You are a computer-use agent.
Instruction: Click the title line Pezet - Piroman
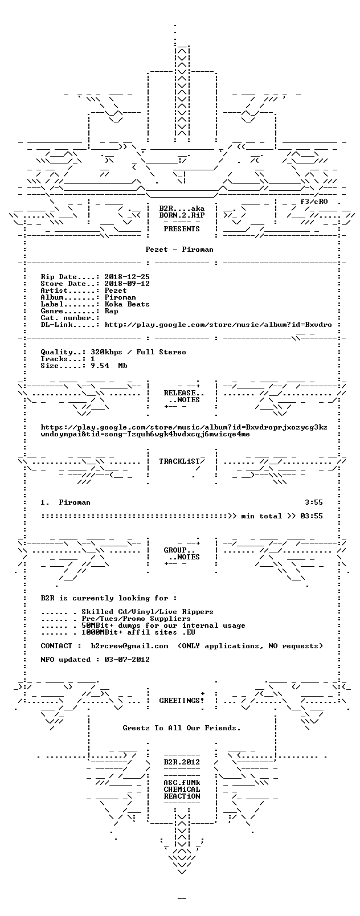pos(179,250)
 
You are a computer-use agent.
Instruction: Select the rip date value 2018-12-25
pos(127,277)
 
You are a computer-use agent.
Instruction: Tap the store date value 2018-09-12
pos(127,284)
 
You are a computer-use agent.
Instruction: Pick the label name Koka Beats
pos(127,304)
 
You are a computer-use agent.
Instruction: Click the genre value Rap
pos(111,311)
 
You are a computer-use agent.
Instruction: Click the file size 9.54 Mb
pos(109,366)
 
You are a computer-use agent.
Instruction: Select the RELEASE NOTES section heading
pos(182,396)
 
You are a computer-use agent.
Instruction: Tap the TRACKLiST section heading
pos(179,461)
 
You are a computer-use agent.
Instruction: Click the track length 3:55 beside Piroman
pos(313,502)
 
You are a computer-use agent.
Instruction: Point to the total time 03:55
pos(312,516)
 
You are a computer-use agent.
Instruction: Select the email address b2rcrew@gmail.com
pos(129,646)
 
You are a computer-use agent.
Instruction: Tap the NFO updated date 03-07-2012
pos(127,660)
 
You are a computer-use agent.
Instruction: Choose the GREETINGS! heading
pos(182,701)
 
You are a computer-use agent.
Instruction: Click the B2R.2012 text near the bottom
pos(182,762)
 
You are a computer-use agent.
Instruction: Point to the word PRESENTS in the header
pos(182,229)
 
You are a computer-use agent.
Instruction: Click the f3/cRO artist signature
pos(314,202)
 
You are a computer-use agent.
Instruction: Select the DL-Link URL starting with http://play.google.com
pos(218,325)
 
